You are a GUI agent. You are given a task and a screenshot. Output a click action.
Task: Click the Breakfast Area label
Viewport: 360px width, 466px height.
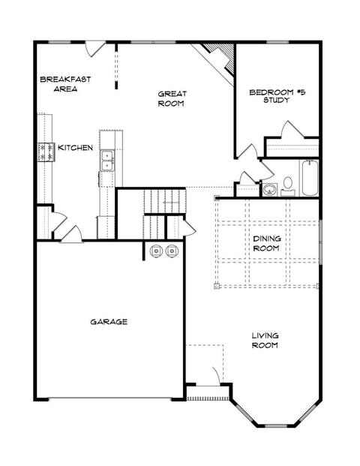pyautogui.click(x=65, y=84)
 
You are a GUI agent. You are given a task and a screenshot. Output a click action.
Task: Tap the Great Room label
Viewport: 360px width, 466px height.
pyautogui.click(x=172, y=98)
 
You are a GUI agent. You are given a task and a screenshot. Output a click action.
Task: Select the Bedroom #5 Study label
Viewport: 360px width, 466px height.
pyautogui.click(x=277, y=96)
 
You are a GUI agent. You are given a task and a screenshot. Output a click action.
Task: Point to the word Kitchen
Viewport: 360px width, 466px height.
pyautogui.click(x=75, y=148)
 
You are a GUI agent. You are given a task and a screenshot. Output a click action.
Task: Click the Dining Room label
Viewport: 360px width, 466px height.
pyautogui.click(x=266, y=243)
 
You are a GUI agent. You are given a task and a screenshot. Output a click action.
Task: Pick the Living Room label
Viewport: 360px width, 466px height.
pyautogui.click(x=265, y=340)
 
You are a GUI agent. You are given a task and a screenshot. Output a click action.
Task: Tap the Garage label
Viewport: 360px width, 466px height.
pyautogui.click(x=109, y=322)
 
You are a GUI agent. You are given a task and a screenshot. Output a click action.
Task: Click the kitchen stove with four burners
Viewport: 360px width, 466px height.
pyautogui.click(x=46, y=152)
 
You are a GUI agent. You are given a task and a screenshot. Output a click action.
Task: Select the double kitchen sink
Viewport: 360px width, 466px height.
pyautogui.click(x=107, y=161)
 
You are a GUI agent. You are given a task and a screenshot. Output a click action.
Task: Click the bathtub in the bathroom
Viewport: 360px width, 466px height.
pyautogui.click(x=309, y=178)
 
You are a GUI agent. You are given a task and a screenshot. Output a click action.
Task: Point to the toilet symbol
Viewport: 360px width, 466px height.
pyautogui.click(x=287, y=186)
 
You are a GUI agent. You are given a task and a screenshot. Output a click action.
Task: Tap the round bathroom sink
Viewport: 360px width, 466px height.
pyautogui.click(x=269, y=190)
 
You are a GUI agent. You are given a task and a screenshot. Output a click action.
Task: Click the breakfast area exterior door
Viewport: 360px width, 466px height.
pyautogui.click(x=94, y=50)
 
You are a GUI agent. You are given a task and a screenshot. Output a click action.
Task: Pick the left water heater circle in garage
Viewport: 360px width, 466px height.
pyautogui.click(x=156, y=251)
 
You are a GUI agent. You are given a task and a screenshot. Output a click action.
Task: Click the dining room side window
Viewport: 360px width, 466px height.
pyautogui.click(x=320, y=242)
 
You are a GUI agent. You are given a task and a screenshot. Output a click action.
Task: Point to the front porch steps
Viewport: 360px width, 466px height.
pyautogui.click(x=208, y=398)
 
